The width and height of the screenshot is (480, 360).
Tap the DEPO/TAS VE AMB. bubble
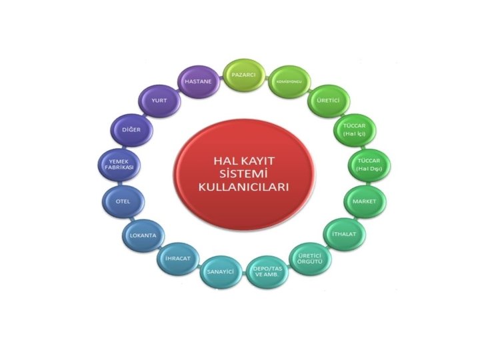point(267,273)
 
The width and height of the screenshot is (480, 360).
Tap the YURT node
point(159,101)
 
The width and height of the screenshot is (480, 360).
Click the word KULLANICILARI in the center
point(243,188)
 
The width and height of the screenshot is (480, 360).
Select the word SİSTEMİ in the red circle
point(243,174)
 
